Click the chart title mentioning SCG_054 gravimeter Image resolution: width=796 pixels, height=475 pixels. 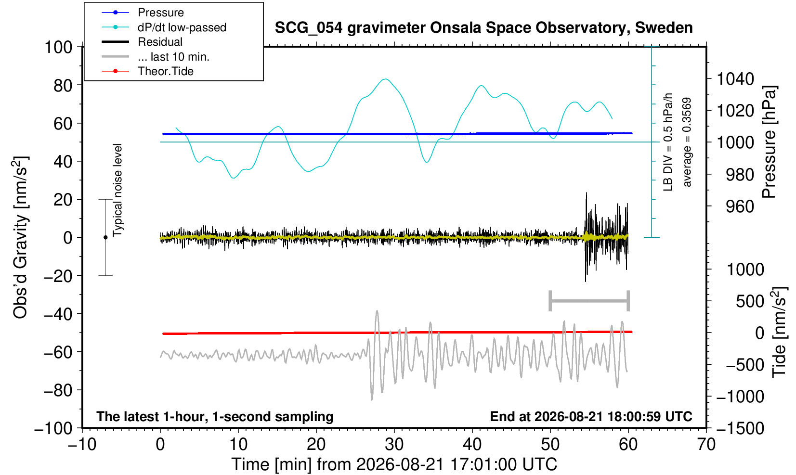coord(483,28)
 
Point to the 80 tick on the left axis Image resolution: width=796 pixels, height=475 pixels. coord(63,86)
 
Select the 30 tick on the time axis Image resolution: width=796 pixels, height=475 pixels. coord(394,445)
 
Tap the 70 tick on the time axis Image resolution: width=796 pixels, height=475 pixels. coord(706,445)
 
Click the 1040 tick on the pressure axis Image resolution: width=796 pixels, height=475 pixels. coord(735,79)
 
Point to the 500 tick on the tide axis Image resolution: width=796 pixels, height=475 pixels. coord(750,302)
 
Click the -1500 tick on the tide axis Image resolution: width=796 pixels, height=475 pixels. coord(740,428)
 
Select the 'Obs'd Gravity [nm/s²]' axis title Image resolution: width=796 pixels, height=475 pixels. coord(20,237)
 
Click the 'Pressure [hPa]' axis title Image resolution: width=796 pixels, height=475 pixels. coord(770,142)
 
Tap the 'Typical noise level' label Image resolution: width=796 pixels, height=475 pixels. coord(117,190)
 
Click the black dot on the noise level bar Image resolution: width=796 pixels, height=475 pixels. coord(105,237)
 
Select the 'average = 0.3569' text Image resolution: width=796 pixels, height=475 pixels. coord(687,142)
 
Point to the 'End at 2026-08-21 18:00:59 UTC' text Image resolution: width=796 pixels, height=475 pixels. coord(591,416)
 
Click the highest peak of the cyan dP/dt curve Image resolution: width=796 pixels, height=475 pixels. coord(386,79)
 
